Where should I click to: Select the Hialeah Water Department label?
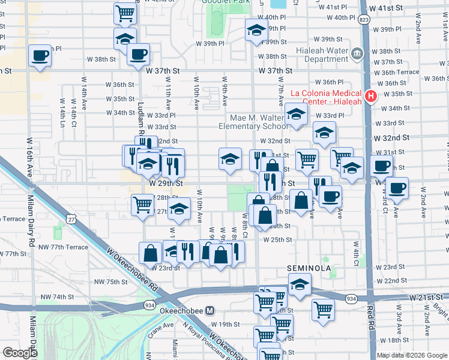[x=322, y=55]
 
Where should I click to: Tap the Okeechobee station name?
[x=182, y=311]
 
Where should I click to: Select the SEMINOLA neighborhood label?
[x=305, y=268]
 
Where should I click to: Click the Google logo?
[x=20, y=353]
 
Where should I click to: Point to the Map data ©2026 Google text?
[x=411, y=355]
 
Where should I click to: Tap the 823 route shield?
[x=364, y=20]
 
